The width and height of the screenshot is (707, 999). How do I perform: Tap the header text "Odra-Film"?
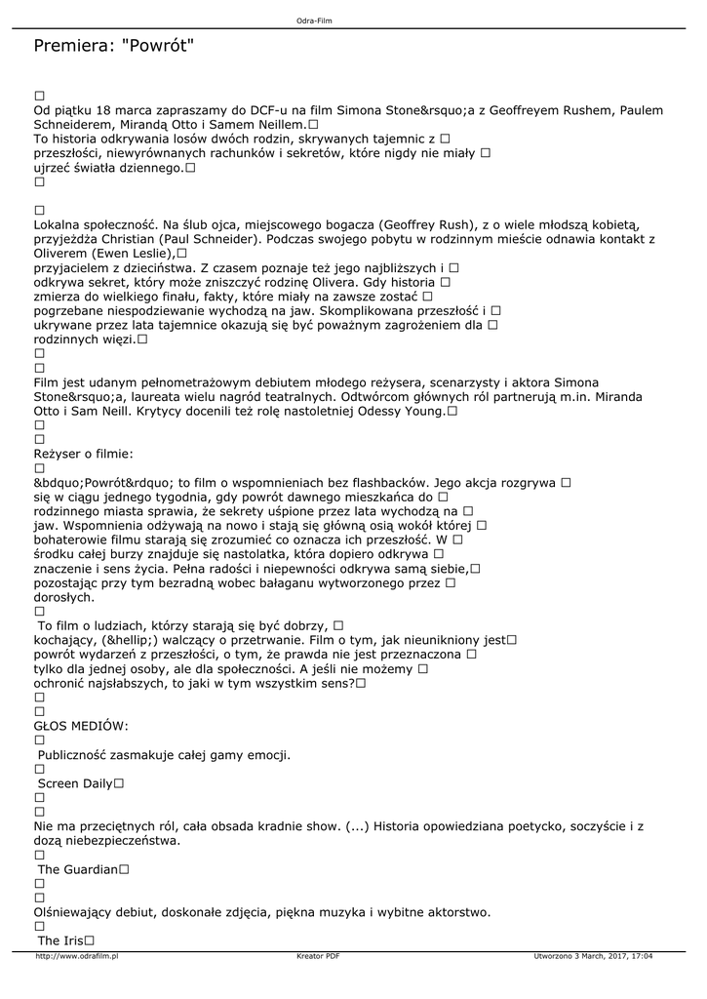click(315, 20)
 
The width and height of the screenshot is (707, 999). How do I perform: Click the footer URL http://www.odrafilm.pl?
click(76, 956)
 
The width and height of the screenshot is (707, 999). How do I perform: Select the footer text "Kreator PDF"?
click(318, 956)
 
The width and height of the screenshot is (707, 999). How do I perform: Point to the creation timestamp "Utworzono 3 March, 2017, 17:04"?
click(594, 956)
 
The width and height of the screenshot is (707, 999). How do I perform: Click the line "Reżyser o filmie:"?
click(84, 454)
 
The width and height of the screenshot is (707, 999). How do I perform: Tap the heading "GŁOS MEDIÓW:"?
click(81, 726)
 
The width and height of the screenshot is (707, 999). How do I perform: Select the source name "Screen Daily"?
click(75, 783)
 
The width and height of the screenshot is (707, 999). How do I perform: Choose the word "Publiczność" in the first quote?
click(77, 755)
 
